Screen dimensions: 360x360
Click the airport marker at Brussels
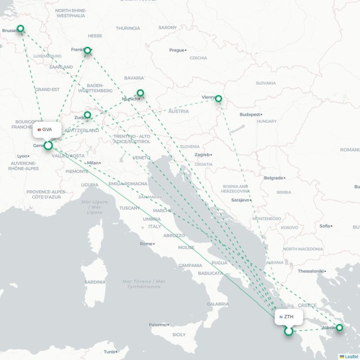(20, 29)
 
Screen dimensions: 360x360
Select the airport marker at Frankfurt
(88, 50)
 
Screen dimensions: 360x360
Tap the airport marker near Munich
(140, 93)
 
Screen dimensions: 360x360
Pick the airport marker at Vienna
(218, 98)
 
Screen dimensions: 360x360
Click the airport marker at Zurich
(87, 115)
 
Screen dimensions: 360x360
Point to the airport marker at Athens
(339, 328)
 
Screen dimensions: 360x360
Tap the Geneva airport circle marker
(48, 145)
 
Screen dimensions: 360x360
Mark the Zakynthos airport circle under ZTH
(288, 332)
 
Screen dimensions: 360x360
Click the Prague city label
(177, 50)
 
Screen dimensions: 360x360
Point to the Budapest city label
(250, 115)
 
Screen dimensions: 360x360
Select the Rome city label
(146, 243)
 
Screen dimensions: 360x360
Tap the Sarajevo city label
(240, 200)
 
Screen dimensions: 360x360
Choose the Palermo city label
(157, 324)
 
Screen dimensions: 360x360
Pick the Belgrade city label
(274, 178)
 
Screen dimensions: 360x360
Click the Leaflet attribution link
(351, 356)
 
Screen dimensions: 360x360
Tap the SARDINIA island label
(95, 282)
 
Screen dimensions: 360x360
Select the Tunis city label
(109, 351)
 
